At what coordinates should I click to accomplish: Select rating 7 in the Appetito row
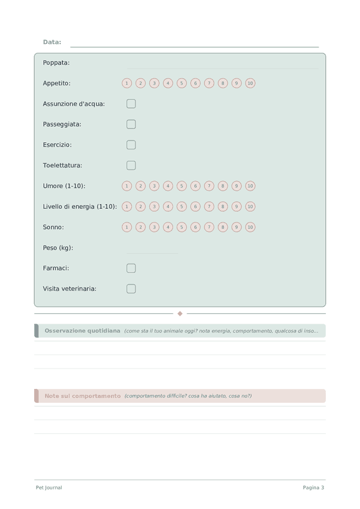coord(209,83)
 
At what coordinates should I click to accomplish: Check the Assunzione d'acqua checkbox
coord(131,104)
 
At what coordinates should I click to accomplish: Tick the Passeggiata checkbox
coord(131,124)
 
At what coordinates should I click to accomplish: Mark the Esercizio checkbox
coord(131,145)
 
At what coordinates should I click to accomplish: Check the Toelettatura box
coord(131,165)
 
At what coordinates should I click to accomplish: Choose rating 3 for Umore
coord(154,186)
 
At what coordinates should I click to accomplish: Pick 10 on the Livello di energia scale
coord(250,206)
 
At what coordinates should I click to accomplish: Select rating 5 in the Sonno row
coord(182,227)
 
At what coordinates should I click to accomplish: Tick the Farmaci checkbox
coord(131,268)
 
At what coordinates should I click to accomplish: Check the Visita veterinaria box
coord(131,289)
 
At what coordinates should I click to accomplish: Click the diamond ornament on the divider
coord(180,313)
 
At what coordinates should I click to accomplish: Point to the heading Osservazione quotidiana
coord(82,331)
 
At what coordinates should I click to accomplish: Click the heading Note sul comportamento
coord(82,396)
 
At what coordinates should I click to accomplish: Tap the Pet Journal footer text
coord(49,487)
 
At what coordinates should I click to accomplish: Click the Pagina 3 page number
coord(313,487)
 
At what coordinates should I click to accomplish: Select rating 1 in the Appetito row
coord(127,83)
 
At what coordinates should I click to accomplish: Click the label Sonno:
coord(53,227)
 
